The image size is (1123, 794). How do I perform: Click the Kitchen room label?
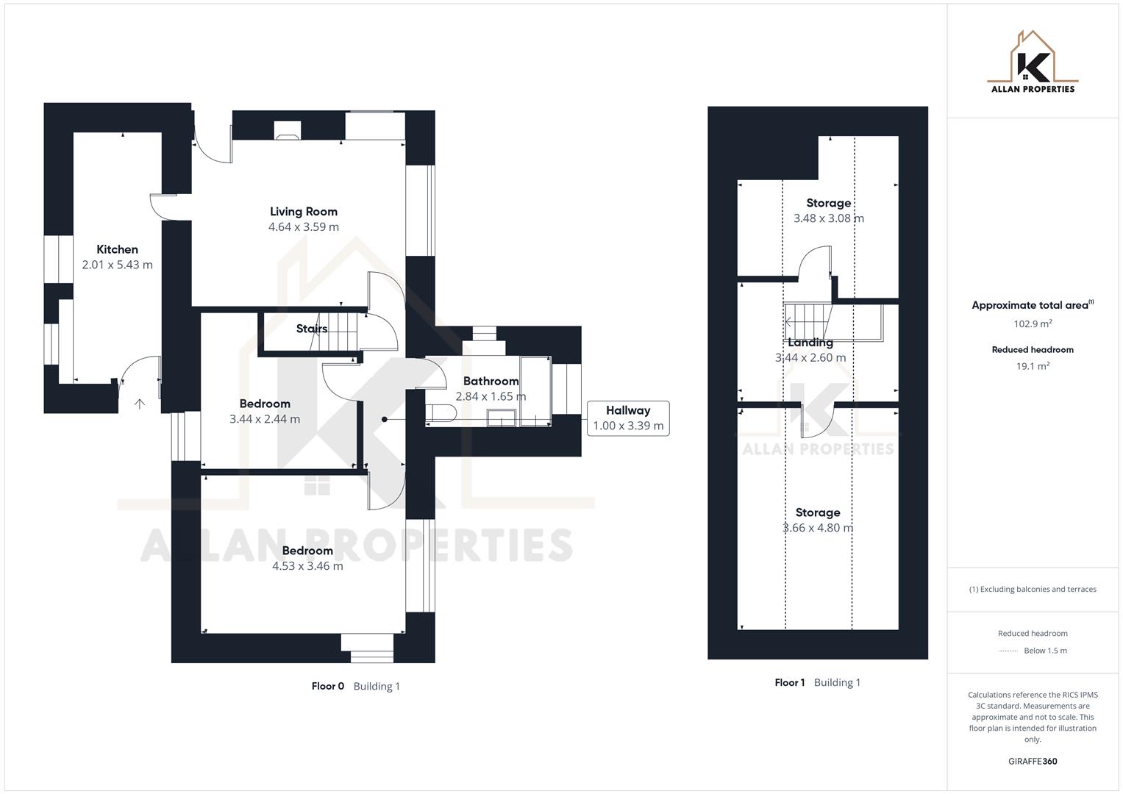(117, 249)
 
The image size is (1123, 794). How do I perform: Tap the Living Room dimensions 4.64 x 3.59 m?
(304, 227)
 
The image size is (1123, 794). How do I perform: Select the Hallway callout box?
(628, 418)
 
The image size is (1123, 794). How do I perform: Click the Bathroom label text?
(491, 381)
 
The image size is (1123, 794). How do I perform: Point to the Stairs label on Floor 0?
(312, 329)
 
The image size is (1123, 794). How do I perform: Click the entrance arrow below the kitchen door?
(140, 404)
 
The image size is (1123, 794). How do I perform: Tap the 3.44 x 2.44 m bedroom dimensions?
(265, 419)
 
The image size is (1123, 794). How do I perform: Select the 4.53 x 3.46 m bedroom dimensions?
(307, 566)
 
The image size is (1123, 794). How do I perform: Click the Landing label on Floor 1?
(810, 343)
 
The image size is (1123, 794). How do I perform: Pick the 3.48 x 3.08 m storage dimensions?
(829, 218)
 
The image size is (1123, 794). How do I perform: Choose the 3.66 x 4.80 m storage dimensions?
(818, 528)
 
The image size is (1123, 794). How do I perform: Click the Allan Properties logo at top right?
(1033, 62)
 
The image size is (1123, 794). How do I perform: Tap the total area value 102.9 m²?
(1033, 323)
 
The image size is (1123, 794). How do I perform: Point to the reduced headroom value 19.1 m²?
(1033, 366)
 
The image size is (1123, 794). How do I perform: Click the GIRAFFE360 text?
(1033, 762)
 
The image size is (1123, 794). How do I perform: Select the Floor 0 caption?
(328, 686)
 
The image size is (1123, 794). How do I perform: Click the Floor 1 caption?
(791, 682)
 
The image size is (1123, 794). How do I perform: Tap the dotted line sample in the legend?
(1008, 651)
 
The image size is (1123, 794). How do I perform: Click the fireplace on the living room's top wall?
(288, 130)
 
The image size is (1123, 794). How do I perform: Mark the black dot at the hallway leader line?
(384, 420)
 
